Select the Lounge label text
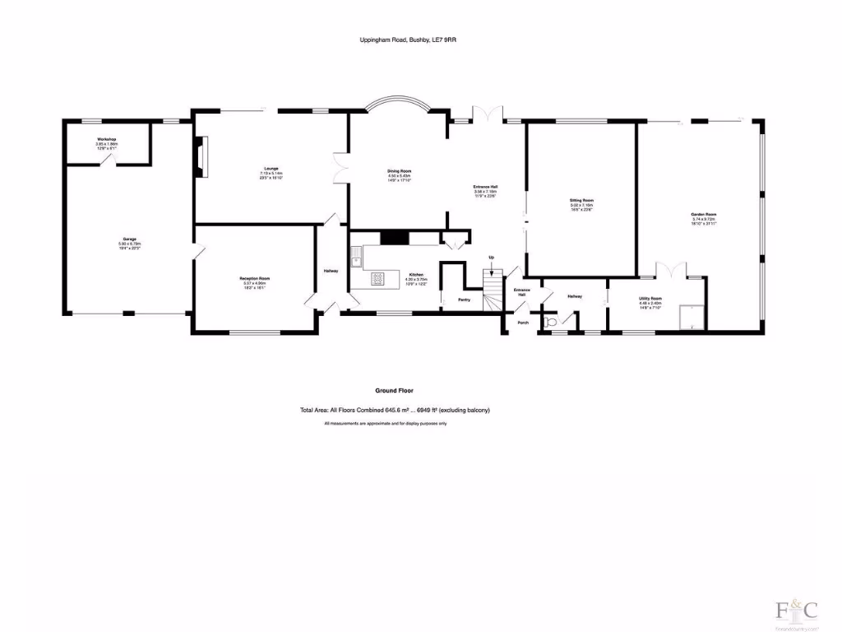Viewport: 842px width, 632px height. click(x=271, y=170)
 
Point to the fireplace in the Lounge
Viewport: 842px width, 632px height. click(x=202, y=156)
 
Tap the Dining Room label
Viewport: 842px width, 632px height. click(x=399, y=170)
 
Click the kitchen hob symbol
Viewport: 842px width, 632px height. click(x=380, y=278)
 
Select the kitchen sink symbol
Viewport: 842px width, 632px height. click(x=355, y=260)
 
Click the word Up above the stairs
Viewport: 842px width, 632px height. click(x=492, y=257)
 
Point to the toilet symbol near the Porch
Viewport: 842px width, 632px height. click(x=549, y=322)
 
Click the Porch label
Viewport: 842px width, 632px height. click(x=523, y=323)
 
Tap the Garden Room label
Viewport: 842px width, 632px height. click(x=703, y=215)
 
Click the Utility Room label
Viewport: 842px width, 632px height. click(x=650, y=299)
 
